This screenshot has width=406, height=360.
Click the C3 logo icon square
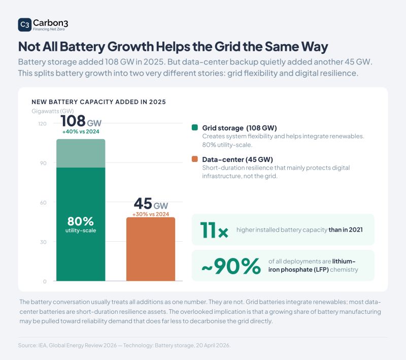(24, 24)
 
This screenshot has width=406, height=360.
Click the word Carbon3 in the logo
(50, 23)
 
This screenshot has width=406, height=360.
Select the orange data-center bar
(151, 249)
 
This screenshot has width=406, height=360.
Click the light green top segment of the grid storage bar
(81, 153)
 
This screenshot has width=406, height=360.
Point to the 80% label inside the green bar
(81, 221)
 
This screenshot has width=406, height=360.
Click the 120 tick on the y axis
(42, 123)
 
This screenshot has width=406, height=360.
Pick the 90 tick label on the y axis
(43, 163)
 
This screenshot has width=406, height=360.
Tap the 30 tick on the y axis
(43, 242)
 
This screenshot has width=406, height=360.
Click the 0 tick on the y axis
(45, 281)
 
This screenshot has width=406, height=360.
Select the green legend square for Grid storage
(195, 127)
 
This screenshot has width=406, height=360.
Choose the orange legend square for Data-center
(195, 159)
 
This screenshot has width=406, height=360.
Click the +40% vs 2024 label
(81, 132)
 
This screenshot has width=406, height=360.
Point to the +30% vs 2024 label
(151, 214)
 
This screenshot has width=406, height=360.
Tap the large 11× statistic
(214, 230)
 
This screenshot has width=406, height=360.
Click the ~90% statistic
(231, 266)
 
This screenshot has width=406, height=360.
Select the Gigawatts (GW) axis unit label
(53, 111)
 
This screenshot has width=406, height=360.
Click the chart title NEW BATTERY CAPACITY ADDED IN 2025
(98, 102)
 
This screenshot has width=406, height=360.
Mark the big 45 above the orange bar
(143, 203)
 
